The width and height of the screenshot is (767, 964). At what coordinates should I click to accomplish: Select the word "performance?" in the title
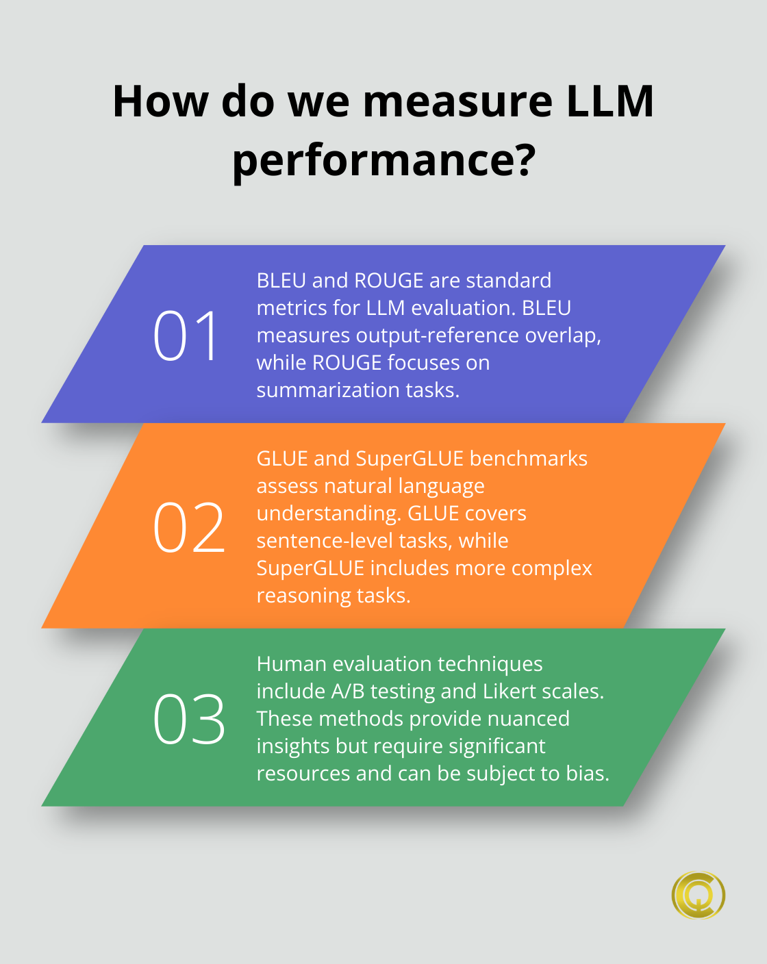coord(383,160)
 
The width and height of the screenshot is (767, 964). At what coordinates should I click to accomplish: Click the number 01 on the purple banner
coord(186,335)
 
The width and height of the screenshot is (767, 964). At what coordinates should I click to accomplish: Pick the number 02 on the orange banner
coord(189,527)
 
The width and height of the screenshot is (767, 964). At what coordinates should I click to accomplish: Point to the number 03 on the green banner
coord(189,719)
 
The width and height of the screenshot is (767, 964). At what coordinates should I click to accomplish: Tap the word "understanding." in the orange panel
coord(329,513)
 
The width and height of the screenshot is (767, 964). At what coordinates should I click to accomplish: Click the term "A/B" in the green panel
coord(348,692)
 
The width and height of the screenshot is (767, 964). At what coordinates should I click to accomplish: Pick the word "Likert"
coord(509,692)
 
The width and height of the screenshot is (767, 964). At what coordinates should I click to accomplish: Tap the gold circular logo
coord(698,895)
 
